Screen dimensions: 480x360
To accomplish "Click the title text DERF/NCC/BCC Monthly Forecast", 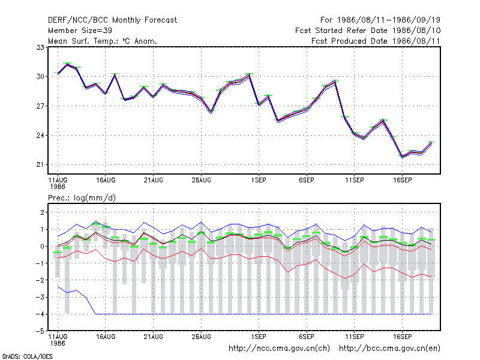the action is pos(112,20).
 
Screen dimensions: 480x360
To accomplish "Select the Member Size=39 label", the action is pos(80,31).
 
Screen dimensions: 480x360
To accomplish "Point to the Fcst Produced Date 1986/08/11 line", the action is pos(376,41).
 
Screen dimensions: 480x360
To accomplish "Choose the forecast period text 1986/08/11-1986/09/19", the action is pos(389,20).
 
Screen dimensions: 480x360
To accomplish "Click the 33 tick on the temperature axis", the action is pos(40,47).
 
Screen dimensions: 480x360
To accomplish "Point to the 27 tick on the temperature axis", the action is pos(40,106).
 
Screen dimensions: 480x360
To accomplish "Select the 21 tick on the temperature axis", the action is pos(40,164).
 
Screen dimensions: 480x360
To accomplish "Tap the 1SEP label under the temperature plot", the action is pos(259,181).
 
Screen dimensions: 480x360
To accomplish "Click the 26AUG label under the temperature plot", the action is pos(201,181).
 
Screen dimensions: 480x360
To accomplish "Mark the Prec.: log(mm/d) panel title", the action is pos(82,198).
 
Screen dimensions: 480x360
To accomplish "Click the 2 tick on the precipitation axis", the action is pos(42,212).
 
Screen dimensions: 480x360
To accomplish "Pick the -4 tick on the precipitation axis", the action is pos(40,314).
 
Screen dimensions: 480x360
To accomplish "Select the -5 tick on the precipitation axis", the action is pos(40,331).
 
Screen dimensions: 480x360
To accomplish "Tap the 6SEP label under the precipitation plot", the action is pos(307,337).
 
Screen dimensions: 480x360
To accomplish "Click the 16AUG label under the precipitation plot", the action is pos(106,337).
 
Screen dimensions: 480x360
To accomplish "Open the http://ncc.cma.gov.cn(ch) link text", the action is pos(279,349).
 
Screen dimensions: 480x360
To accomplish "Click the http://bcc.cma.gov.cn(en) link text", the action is pos(389,349).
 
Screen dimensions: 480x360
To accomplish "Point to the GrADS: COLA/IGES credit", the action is pos(27,356).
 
